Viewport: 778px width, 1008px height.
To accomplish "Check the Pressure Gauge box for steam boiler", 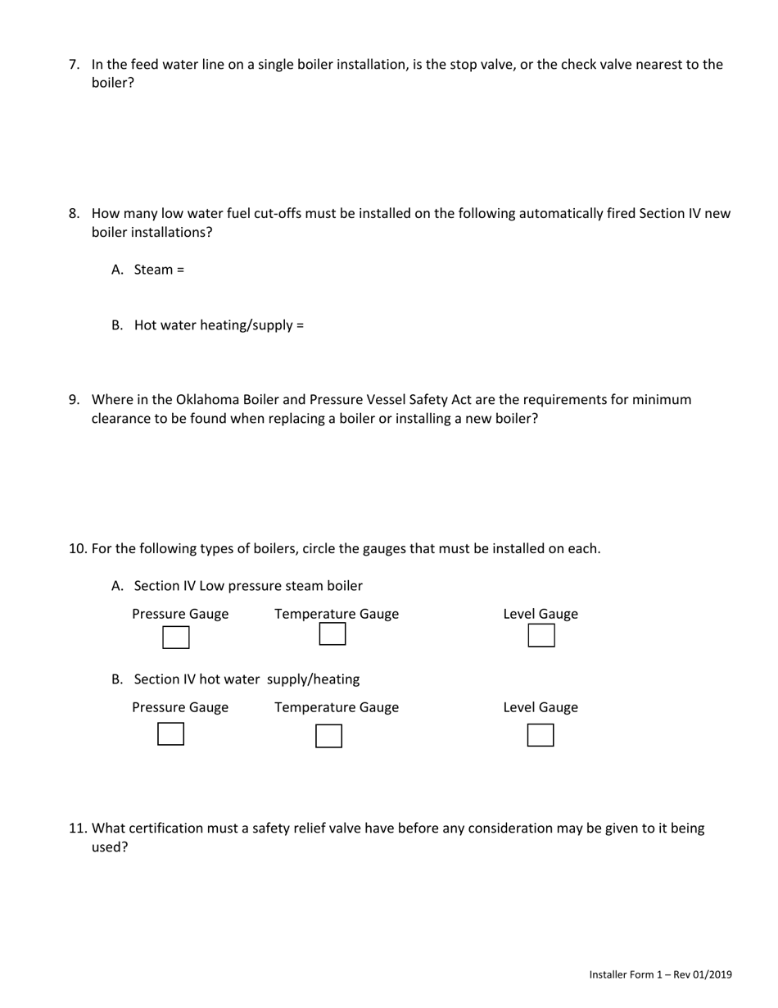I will pyautogui.click(x=176, y=637).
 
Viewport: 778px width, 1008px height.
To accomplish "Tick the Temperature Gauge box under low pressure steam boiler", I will pyautogui.click(x=332, y=634).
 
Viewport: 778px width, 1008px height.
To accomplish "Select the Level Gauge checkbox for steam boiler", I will pyautogui.click(x=541, y=636).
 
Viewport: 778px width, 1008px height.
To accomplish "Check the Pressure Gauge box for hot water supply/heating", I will pyautogui.click(x=170, y=734).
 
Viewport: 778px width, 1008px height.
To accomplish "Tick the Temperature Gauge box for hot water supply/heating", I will pyautogui.click(x=328, y=736).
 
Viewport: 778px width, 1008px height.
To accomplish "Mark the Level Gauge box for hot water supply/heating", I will pyautogui.click(x=541, y=735).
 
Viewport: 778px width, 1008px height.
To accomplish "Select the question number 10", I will pyautogui.click(x=77, y=549).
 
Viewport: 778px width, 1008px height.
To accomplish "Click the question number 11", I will pyautogui.click(x=77, y=829).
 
